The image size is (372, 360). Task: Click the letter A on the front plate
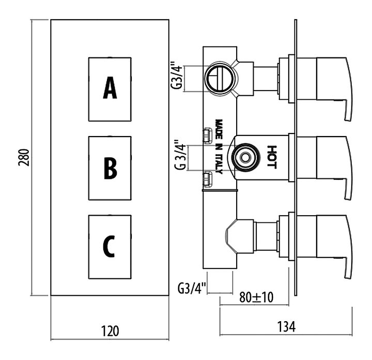click(110, 88)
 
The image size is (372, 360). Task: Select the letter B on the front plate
click(110, 168)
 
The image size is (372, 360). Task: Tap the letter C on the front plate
click(109, 245)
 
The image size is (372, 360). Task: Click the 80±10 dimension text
click(257, 298)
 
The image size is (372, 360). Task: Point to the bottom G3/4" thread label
click(193, 287)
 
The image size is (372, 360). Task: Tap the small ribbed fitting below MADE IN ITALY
click(208, 180)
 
